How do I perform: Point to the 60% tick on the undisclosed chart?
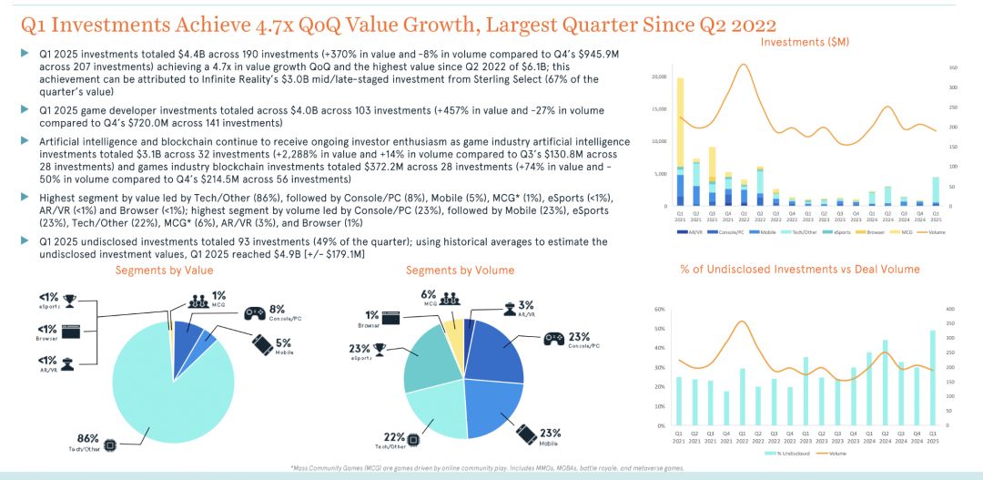(x=659, y=310)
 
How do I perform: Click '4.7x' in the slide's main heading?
(x=275, y=25)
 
